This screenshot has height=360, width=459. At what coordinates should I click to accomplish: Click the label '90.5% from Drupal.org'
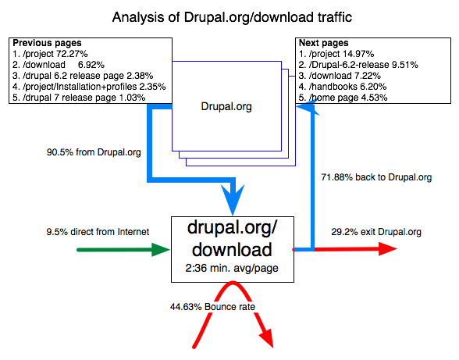click(x=94, y=152)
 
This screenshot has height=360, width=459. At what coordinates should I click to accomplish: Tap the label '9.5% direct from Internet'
click(x=97, y=232)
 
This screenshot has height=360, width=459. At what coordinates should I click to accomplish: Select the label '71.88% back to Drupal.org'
click(x=375, y=177)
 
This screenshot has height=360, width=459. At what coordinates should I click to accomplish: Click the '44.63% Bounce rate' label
click(x=213, y=307)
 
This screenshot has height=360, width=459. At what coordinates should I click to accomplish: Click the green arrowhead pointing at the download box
click(x=162, y=249)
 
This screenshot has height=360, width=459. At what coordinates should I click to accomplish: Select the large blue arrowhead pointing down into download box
click(x=232, y=201)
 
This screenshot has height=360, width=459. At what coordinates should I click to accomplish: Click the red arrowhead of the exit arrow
click(x=388, y=249)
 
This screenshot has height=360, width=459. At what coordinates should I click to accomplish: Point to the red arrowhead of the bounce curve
click(x=267, y=339)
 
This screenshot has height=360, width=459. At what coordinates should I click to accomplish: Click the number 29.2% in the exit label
click(x=344, y=232)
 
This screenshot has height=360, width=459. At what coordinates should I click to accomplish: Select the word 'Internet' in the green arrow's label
click(x=131, y=232)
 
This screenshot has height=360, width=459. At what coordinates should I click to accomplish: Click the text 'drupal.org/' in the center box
click(x=230, y=229)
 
